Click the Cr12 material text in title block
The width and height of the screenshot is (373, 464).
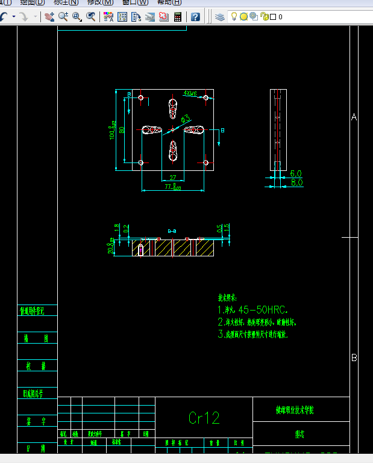204,418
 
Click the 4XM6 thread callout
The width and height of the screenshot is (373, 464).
190,94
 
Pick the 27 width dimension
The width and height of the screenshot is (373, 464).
173,178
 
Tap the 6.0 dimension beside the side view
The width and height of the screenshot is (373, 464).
296,173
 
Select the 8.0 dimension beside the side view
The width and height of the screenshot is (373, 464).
296,182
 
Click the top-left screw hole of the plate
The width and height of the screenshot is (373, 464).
140,97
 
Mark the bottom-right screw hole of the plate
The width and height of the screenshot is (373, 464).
205,162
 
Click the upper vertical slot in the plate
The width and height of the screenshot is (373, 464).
173,109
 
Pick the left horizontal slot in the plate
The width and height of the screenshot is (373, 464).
152,129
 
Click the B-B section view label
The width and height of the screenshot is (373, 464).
172,231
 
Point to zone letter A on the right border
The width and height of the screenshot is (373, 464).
354,117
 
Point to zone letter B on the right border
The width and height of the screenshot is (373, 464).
354,357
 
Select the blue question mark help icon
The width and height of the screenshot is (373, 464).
195,17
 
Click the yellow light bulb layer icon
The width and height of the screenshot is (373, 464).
234,17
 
